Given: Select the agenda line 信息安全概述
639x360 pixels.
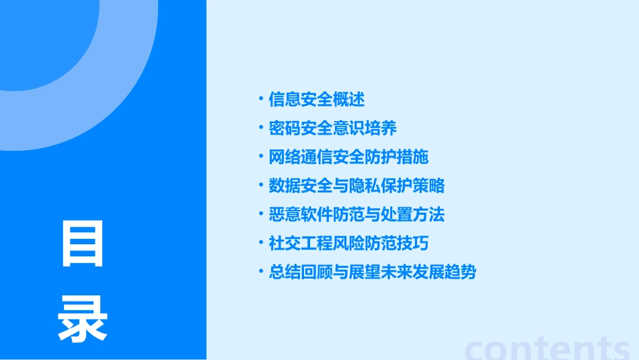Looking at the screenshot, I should (x=316, y=100).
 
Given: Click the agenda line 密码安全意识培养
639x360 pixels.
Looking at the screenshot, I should (x=332, y=128).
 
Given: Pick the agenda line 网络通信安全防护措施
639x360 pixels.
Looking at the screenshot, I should (x=348, y=157).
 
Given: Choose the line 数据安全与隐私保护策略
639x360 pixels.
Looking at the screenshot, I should (x=356, y=186).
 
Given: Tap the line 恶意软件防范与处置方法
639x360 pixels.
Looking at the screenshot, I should (x=356, y=215).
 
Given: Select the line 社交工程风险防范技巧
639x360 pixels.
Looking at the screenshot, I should (x=348, y=244).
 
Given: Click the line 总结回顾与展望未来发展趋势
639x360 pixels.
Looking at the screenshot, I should (x=372, y=273).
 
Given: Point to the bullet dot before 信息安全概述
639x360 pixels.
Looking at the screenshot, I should (x=262, y=99).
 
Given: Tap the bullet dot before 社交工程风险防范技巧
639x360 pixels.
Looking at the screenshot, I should (x=262, y=243).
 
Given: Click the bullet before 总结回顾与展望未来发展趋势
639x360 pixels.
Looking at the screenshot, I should (x=262, y=272).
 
